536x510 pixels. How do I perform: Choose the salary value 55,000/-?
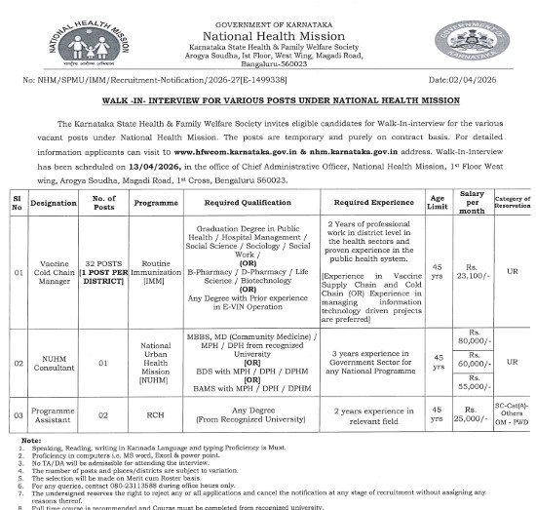[x=475, y=386]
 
